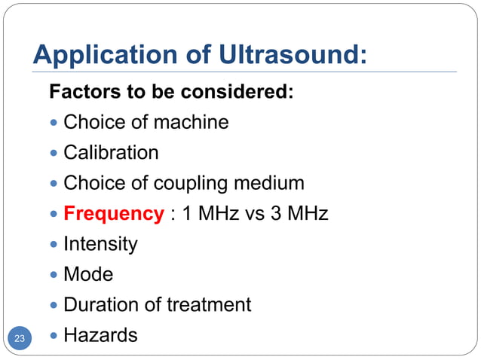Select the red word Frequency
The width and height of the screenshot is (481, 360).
click(x=113, y=214)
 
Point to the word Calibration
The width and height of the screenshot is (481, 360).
click(x=111, y=153)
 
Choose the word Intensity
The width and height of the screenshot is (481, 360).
click(x=100, y=244)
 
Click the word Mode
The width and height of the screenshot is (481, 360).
click(x=88, y=275)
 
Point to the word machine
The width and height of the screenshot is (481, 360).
click(x=190, y=122)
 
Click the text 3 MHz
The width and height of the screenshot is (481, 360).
click(x=299, y=214)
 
